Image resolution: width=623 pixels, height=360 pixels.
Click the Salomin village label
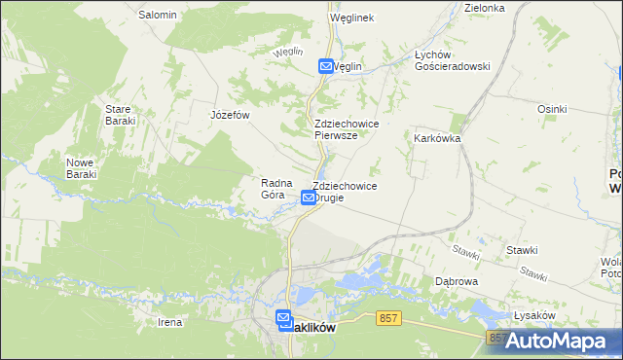point(157,15)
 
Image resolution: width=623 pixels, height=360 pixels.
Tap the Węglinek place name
point(351,18)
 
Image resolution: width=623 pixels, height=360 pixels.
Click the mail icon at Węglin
point(326,66)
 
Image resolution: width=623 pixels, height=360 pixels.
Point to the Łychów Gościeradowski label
point(452,60)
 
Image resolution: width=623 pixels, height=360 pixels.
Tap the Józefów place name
point(231,115)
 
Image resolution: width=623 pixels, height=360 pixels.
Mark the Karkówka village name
point(437,138)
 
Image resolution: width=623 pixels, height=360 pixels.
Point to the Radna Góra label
point(273,188)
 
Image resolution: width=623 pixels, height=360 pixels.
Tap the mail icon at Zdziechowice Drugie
point(309,198)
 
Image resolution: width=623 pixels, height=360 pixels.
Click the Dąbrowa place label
point(456,281)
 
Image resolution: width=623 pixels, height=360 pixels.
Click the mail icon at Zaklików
point(283,318)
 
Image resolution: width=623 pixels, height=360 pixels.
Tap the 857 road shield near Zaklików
point(389,318)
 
